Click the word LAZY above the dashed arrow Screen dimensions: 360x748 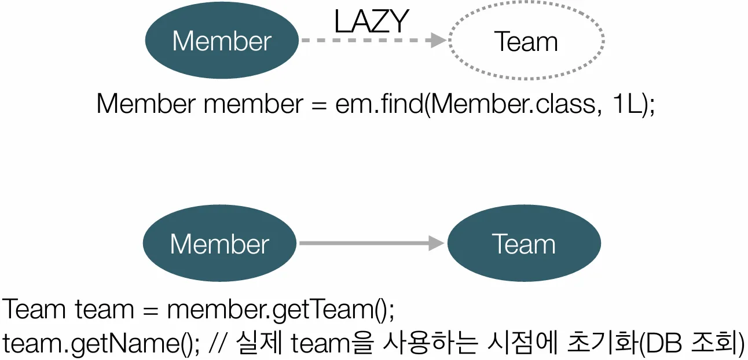(x=372, y=22)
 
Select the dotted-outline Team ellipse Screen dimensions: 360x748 (x=526, y=41)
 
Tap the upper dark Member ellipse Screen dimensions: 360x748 (x=222, y=41)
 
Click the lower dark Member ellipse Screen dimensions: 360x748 (x=219, y=244)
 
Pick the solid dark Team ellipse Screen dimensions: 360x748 (x=524, y=244)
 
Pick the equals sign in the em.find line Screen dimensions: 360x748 (x=320, y=105)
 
